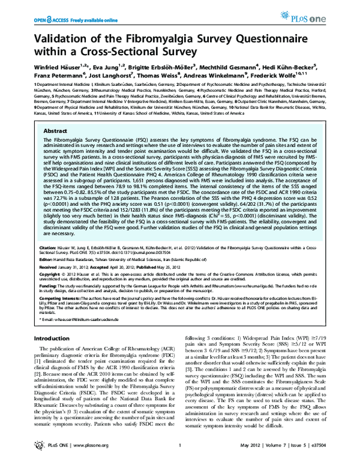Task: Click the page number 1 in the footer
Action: click(x=179, y=458)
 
